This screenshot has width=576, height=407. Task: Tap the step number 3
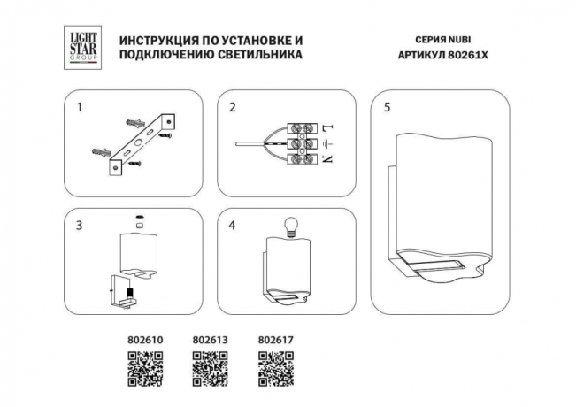(80, 226)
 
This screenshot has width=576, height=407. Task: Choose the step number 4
(233, 226)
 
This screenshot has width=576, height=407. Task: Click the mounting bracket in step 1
(142, 142)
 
